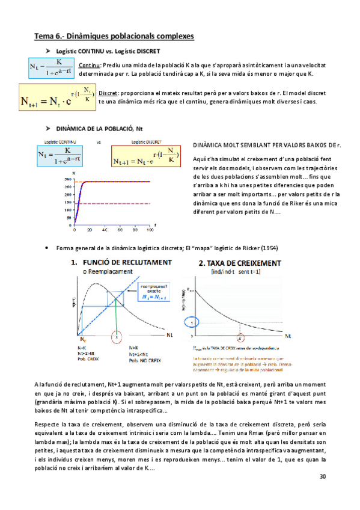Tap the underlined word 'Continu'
click(x=90, y=65)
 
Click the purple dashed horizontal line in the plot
click(x=114, y=204)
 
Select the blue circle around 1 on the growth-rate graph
click(x=191, y=322)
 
